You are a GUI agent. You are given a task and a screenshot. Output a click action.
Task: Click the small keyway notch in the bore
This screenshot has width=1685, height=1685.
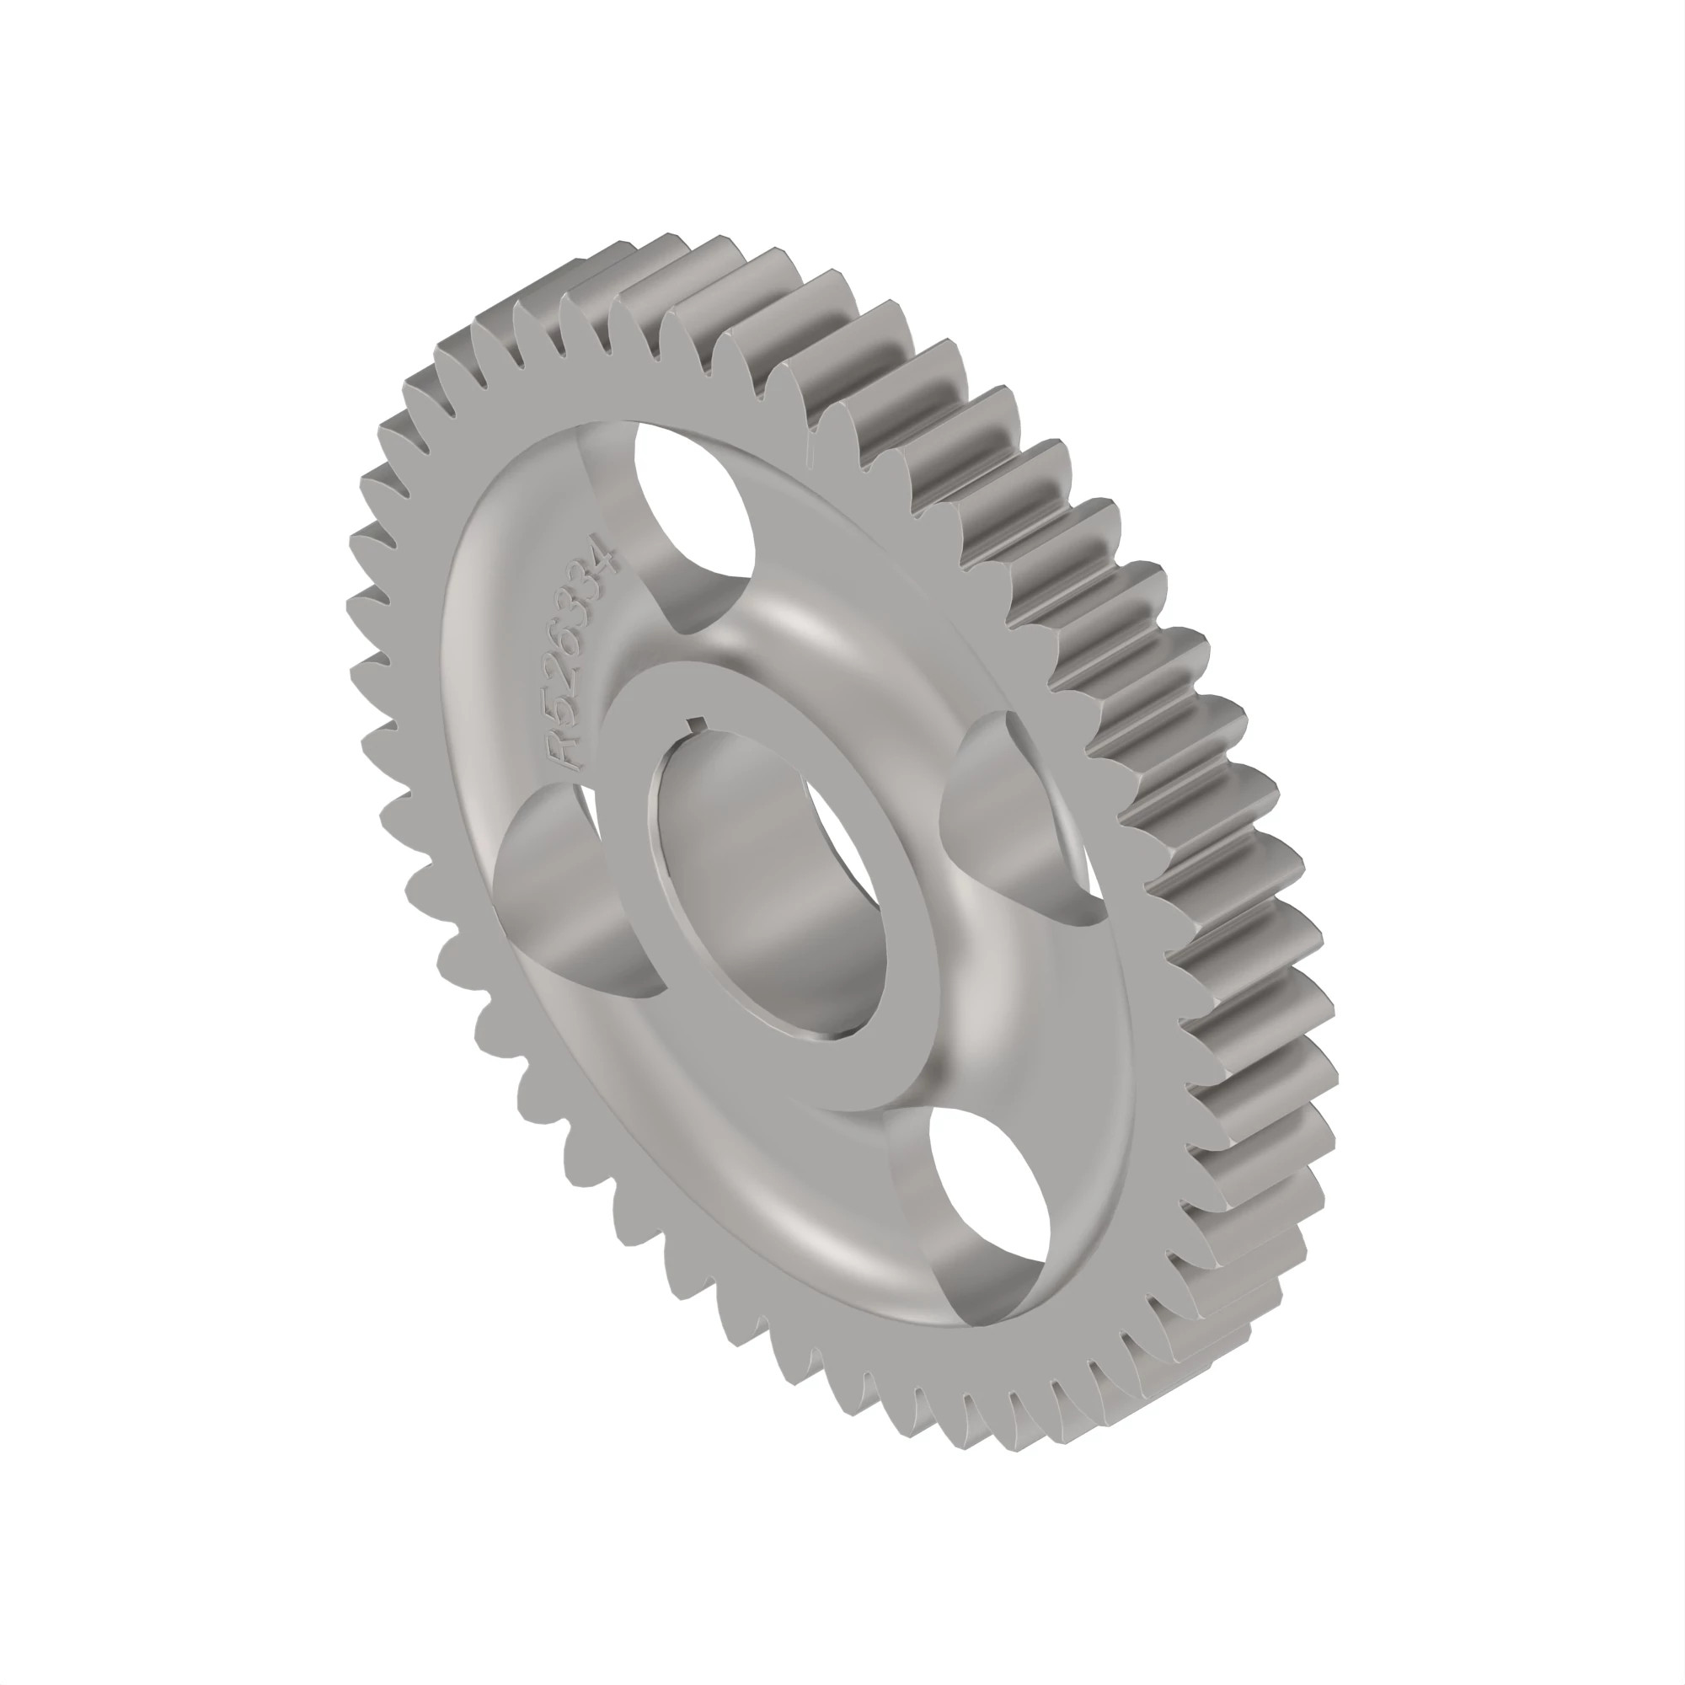[698, 722]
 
